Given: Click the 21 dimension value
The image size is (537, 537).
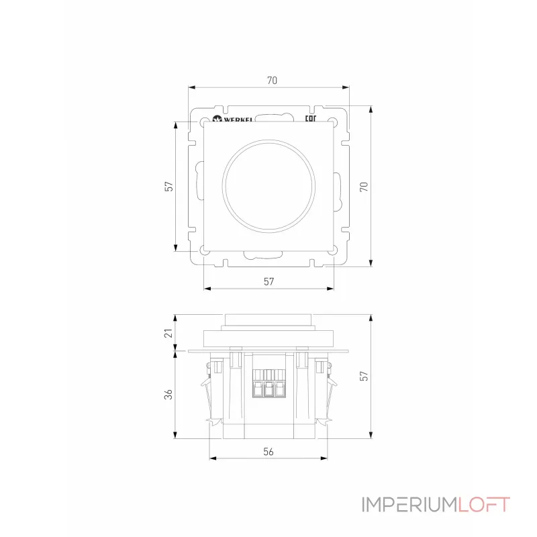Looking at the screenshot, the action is (168, 333).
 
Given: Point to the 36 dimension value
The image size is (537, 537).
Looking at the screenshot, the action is (168, 395).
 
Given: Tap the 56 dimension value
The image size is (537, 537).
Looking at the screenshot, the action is (268, 452).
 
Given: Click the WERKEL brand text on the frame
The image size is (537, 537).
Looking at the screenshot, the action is (238, 119).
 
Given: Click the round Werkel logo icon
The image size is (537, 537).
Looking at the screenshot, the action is (217, 119).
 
